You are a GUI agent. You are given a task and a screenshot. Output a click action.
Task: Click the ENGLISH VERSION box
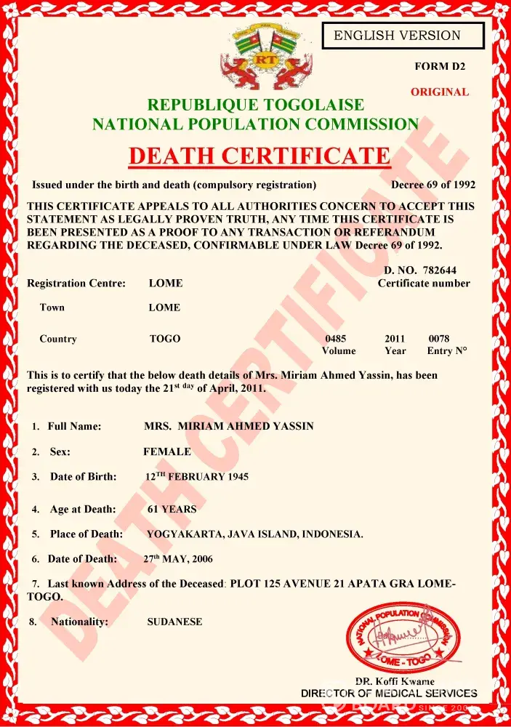pos(402,35)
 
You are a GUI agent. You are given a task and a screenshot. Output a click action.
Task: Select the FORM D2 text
pos(440,66)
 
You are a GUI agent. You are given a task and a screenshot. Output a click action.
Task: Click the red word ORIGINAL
pos(440,92)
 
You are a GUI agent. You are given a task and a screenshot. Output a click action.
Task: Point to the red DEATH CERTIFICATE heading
pos(259,156)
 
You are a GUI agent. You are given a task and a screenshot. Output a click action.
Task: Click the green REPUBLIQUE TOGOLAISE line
pos(255,105)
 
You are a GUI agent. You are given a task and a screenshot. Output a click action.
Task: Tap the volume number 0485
pos(336,339)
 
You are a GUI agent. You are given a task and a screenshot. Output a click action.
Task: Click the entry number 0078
pos(439,339)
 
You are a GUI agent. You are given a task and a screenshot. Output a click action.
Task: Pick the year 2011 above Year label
pos(395,339)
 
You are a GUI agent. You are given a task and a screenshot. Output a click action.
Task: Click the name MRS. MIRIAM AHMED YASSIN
pos(229,426)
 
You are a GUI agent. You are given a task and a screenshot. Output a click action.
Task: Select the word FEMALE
pos(167,451)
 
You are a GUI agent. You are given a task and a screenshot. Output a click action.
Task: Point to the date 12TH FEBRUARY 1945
pos(197,477)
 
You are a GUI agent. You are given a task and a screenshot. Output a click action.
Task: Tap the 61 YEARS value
pos(172,509)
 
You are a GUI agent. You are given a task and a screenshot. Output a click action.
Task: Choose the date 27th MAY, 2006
pos(178,559)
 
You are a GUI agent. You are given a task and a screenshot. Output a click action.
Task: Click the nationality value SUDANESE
pos(174,622)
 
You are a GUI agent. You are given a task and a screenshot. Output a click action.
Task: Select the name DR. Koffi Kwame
pos(395,681)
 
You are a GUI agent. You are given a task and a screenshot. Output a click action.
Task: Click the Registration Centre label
pos(76,283)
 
